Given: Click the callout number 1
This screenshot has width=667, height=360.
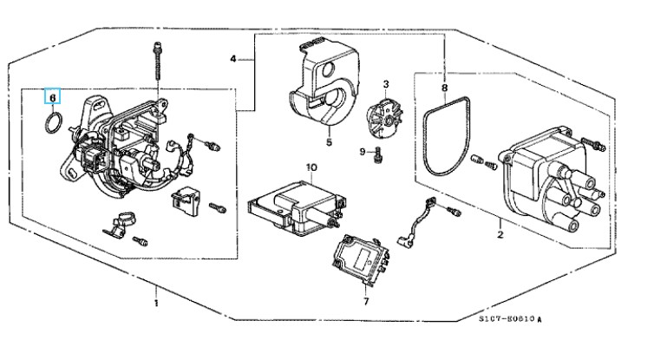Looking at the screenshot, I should click(156, 303).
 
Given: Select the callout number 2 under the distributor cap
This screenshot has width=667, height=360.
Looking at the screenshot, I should click(500, 233).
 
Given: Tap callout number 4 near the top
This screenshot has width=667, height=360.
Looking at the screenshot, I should click(233, 59).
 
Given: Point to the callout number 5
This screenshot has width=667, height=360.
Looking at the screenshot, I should click(330, 141).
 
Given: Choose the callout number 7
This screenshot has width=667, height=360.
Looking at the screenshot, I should click(366, 302).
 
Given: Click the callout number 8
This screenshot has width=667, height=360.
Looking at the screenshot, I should click(444, 88).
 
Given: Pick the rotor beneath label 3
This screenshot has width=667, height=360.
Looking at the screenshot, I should click(383, 118).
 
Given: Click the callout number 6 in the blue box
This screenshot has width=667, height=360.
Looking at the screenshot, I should click(52, 97).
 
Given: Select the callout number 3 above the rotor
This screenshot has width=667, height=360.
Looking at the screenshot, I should click(386, 85).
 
